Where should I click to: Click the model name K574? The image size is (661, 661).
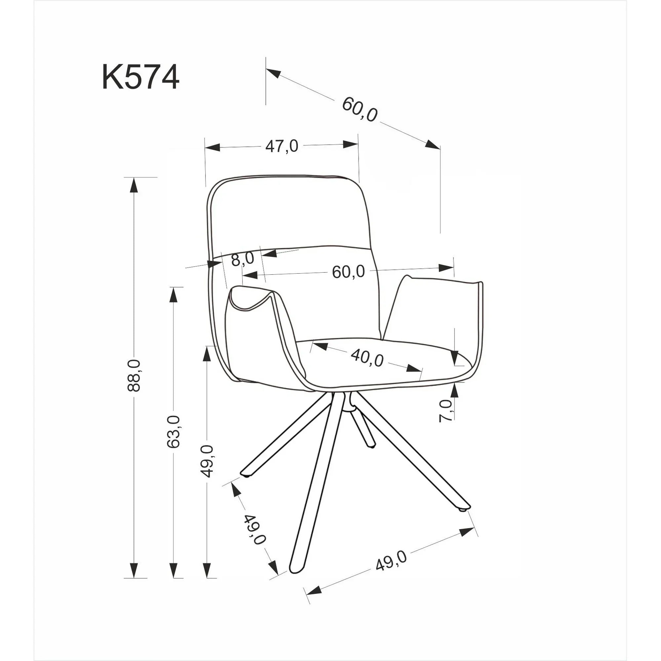pyautogui.click(x=140, y=78)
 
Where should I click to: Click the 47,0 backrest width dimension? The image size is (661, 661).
pyautogui.click(x=282, y=146)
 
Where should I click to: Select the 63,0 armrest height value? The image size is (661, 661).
pyautogui.click(x=174, y=431)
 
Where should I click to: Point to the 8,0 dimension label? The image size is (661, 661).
pyautogui.click(x=243, y=259)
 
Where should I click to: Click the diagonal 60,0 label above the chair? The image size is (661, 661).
pyautogui.click(x=360, y=109)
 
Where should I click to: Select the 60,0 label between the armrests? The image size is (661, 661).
pyautogui.click(x=348, y=272)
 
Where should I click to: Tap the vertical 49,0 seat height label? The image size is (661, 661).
pyautogui.click(x=207, y=461)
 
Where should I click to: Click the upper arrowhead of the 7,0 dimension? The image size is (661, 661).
pyautogui.click(x=454, y=357)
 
